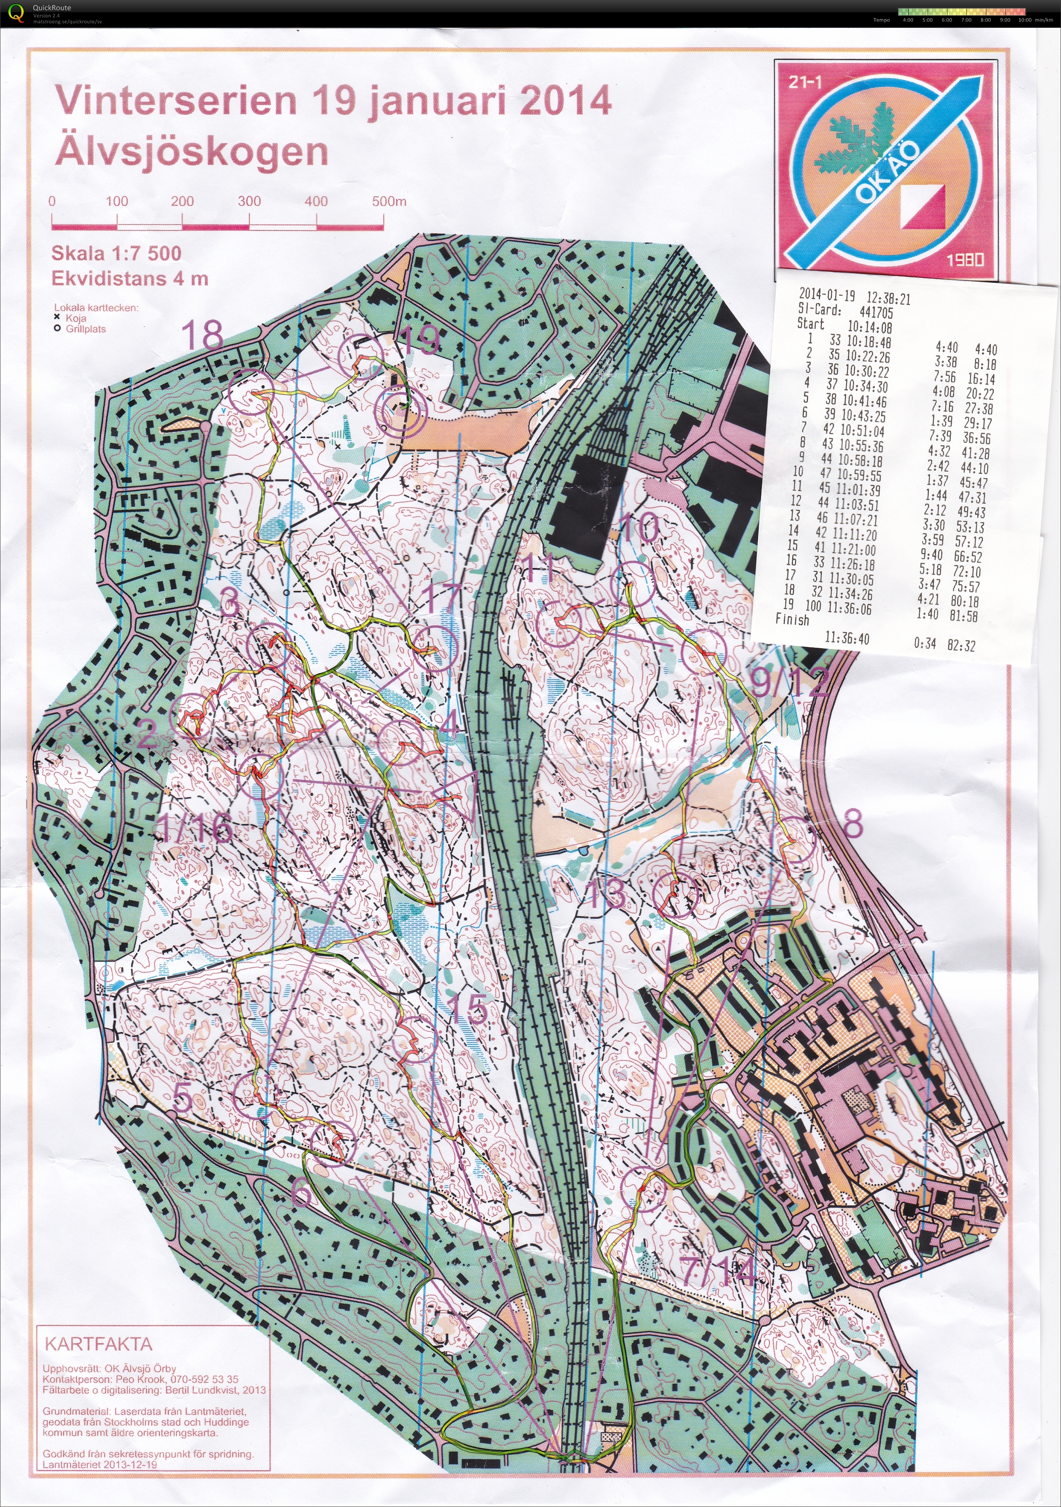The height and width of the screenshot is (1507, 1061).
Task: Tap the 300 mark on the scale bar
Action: click(249, 201)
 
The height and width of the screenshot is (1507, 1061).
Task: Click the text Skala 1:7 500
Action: click(116, 253)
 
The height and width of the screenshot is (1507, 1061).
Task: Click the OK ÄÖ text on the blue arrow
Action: click(888, 172)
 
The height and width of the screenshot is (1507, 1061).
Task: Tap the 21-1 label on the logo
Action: click(805, 82)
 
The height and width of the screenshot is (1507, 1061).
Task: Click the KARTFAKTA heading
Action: click(98, 1344)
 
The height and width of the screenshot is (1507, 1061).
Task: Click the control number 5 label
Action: click(183, 1097)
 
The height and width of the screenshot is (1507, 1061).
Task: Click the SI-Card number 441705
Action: click(876, 312)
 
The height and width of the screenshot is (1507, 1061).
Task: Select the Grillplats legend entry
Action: click(85, 329)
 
